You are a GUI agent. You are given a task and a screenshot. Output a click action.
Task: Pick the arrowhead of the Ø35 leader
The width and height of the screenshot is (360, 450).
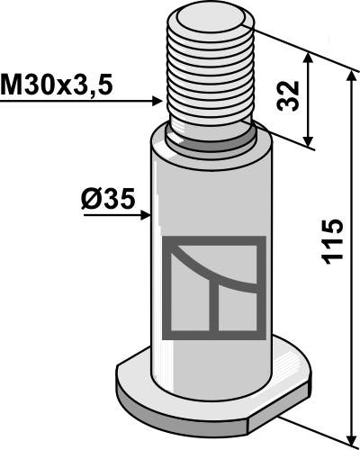[x=146, y=215]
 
